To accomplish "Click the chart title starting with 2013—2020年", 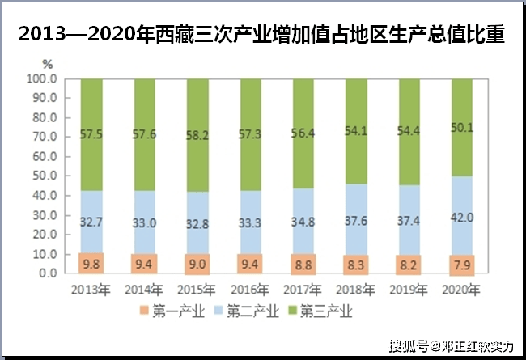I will click(262, 33).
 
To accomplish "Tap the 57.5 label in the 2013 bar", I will click(92, 133).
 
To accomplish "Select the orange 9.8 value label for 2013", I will click(92, 263).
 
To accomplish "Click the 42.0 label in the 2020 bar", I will click(461, 218).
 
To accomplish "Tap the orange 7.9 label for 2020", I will click(461, 265).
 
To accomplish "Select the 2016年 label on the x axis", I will click(250, 290).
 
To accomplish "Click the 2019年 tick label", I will click(409, 290).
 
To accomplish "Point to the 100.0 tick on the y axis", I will click(40, 79).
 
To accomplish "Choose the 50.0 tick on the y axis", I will click(43, 176).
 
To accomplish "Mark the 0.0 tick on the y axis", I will click(46, 273).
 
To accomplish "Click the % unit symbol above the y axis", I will click(47, 64).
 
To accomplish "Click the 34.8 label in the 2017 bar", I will click(303, 220).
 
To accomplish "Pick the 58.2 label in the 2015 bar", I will click(197, 135).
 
